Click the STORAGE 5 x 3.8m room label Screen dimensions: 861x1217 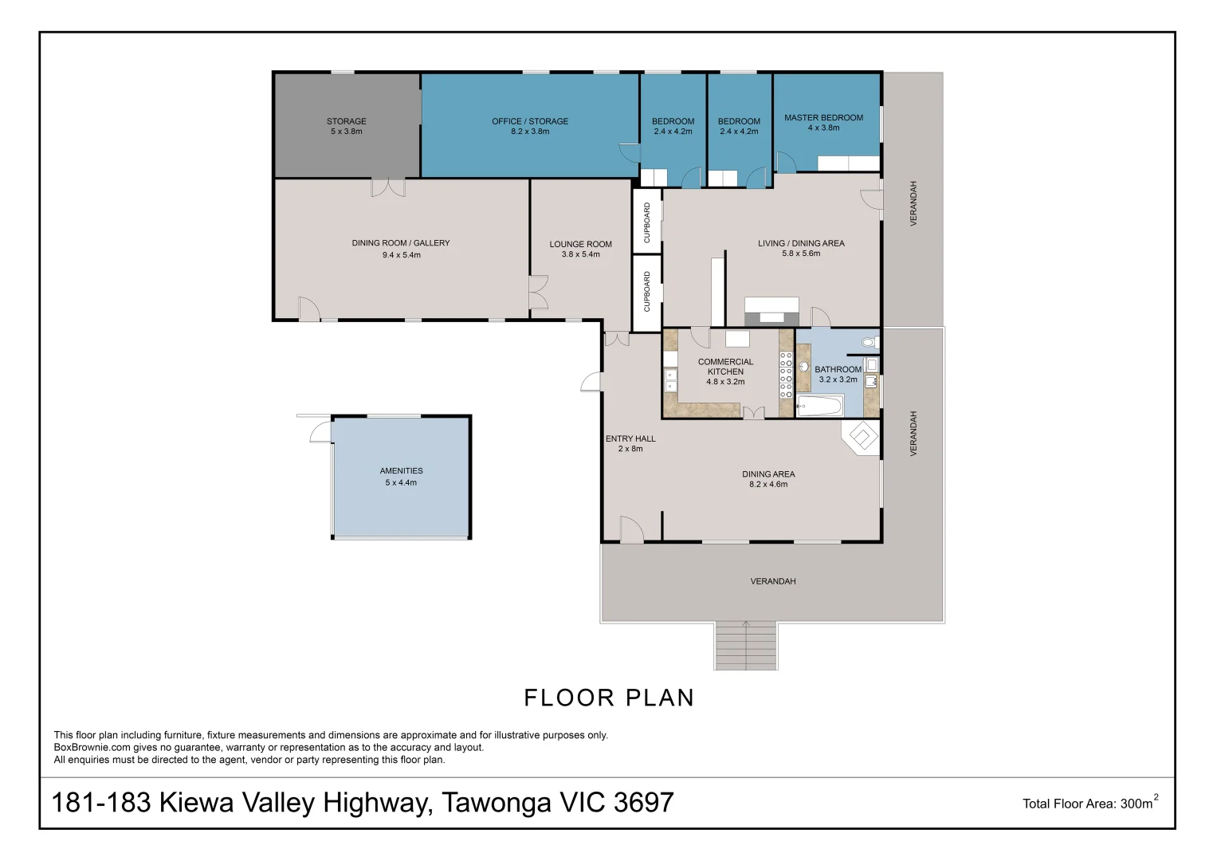346,126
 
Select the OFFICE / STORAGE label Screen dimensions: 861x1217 530,121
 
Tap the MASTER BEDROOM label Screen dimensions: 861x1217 823,117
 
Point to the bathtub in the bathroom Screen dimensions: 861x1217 819,407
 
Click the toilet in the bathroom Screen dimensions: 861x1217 869,343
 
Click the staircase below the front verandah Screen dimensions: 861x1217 745,645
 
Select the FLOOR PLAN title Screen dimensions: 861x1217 609,698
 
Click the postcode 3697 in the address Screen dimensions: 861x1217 644,802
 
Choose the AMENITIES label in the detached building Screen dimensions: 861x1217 401,471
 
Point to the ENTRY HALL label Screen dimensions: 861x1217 630,438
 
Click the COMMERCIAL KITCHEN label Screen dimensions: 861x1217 725,367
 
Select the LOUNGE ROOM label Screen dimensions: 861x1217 580,244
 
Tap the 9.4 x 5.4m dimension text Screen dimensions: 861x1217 401,255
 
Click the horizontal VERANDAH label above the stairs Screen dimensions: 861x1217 772,581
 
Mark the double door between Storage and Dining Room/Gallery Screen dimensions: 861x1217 387,187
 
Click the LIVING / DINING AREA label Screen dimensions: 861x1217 801,243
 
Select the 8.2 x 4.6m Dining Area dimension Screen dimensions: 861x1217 768,485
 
